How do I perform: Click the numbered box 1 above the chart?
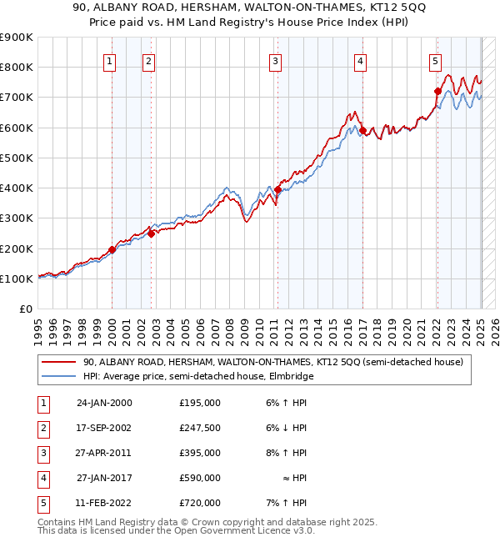111,60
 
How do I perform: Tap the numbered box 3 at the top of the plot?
275,60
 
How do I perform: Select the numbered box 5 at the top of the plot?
436,60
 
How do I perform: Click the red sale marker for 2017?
362,131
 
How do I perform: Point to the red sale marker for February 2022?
437,92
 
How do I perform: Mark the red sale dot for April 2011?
277,190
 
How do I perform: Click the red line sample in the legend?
58,362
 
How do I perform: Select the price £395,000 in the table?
200,453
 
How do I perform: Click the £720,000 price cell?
200,503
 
